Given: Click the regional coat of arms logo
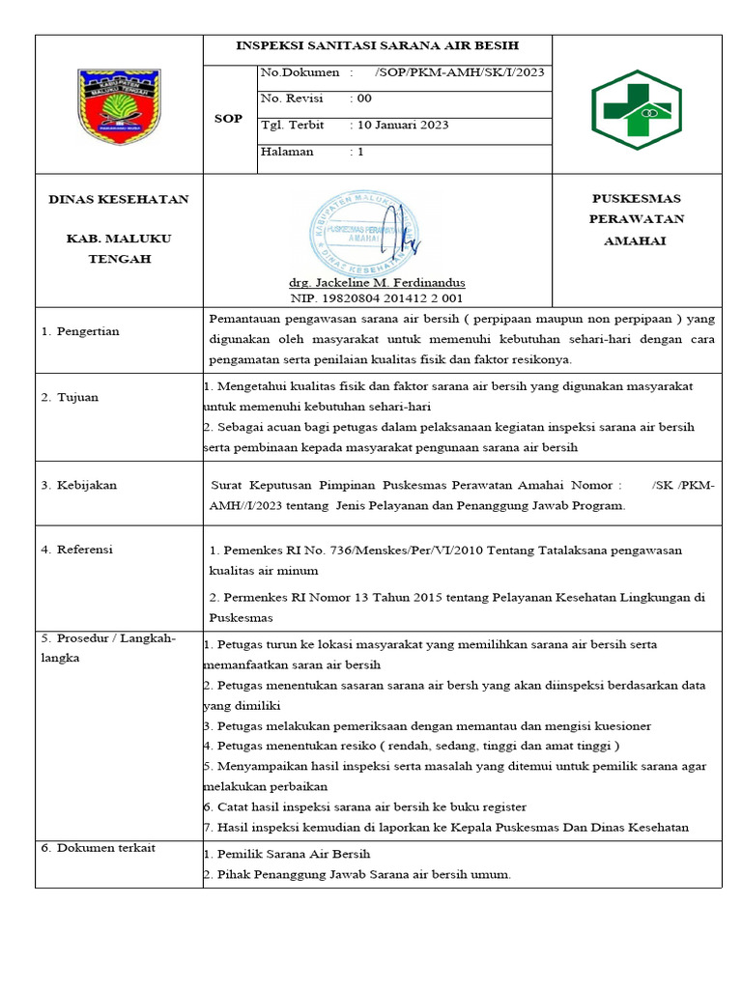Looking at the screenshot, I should point(119,104).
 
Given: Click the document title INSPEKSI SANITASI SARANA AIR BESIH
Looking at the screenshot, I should point(378,45).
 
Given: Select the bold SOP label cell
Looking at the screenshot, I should point(228,118).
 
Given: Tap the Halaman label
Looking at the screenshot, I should point(287,152).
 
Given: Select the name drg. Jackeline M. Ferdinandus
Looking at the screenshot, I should point(378,283).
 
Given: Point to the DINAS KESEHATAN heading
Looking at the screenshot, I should point(119,200).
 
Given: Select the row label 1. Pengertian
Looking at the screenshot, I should point(80,331).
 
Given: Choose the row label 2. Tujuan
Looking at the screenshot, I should point(70,398).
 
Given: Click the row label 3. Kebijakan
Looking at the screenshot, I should point(78,486).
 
